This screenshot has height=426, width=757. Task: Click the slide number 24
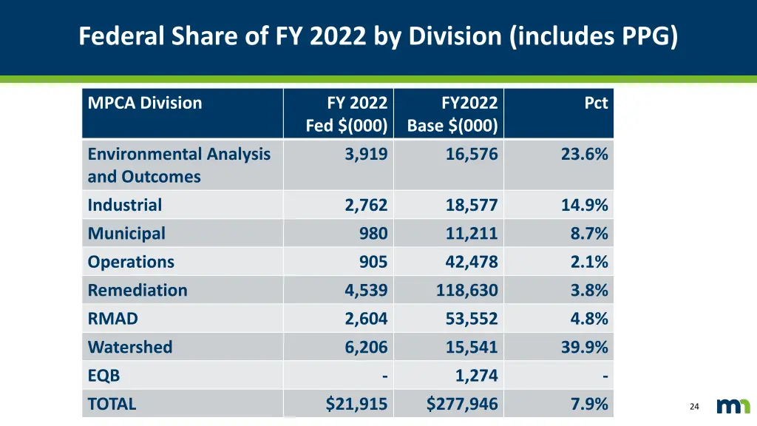tap(693, 407)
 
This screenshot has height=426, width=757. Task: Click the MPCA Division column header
tap(145, 103)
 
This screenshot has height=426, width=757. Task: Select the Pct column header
tap(596, 103)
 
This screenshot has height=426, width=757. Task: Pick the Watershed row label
tap(130, 347)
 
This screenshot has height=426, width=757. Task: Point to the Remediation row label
tap(138, 290)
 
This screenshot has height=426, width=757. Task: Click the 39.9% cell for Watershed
tap(584, 347)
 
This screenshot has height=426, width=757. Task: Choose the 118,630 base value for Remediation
tap(466, 290)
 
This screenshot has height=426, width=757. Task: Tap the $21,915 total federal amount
tap(356, 404)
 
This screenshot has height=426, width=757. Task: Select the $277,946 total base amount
tap(462, 404)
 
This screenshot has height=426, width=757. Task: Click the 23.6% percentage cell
tap(584, 154)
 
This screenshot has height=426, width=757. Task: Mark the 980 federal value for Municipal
tap(373, 234)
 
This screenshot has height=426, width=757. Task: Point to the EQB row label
tap(103, 376)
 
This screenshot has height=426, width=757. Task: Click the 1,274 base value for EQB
tap(476, 376)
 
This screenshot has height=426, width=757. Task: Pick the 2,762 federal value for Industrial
tap(366, 205)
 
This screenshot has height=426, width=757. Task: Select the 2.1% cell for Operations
tap(589, 262)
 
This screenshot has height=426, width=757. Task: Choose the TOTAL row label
tap(112, 404)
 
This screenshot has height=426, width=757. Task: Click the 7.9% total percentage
tap(589, 404)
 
